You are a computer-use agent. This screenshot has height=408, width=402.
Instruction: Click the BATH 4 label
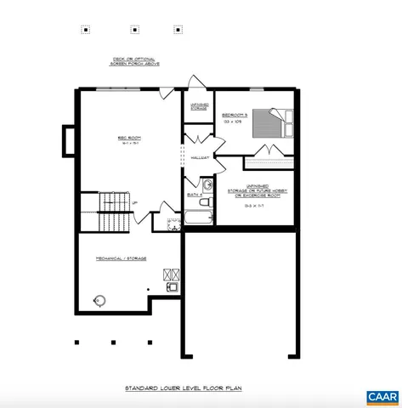point(195,195)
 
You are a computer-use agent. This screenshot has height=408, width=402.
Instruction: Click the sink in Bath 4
point(207,184)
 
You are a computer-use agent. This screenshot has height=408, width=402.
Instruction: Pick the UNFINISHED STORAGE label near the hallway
point(200,107)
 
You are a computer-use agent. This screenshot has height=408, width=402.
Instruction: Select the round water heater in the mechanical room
point(100,301)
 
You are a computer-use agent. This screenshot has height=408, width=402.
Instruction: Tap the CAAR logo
point(382,397)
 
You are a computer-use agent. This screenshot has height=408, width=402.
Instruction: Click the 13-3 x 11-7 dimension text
point(257,206)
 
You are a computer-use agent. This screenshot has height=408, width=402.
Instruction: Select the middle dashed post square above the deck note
point(134,29)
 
